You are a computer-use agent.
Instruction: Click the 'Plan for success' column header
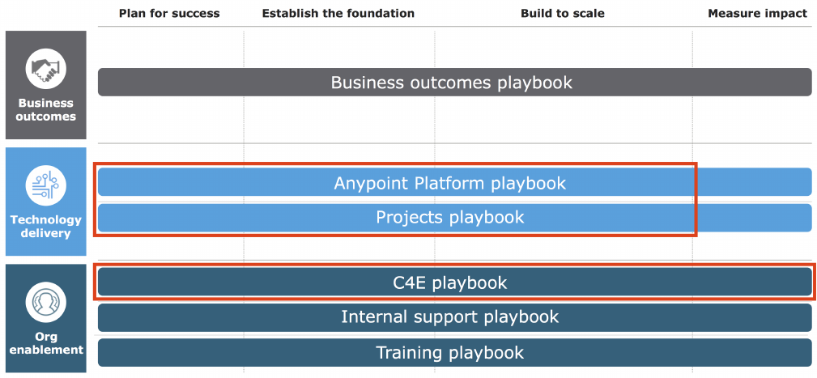coord(169,14)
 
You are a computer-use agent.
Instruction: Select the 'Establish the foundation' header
coord(338,14)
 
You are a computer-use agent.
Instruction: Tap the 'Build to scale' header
coord(563,14)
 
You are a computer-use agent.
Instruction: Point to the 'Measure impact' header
coord(757,14)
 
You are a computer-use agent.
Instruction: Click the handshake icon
coord(46,70)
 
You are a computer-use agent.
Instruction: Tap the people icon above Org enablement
coord(46,303)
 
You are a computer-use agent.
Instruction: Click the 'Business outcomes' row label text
coord(46,109)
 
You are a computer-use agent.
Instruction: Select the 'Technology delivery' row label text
coord(46,226)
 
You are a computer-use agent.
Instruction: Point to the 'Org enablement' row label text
coord(46,342)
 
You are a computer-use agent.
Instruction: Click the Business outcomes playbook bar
coord(455,82)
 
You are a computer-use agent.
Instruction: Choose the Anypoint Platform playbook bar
coord(455,182)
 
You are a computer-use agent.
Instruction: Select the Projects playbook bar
coord(455,217)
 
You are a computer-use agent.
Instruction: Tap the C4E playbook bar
coord(455,282)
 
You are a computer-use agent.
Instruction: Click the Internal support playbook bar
coord(455,317)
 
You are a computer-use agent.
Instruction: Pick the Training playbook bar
coord(455,352)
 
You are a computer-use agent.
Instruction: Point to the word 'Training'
coord(410,353)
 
